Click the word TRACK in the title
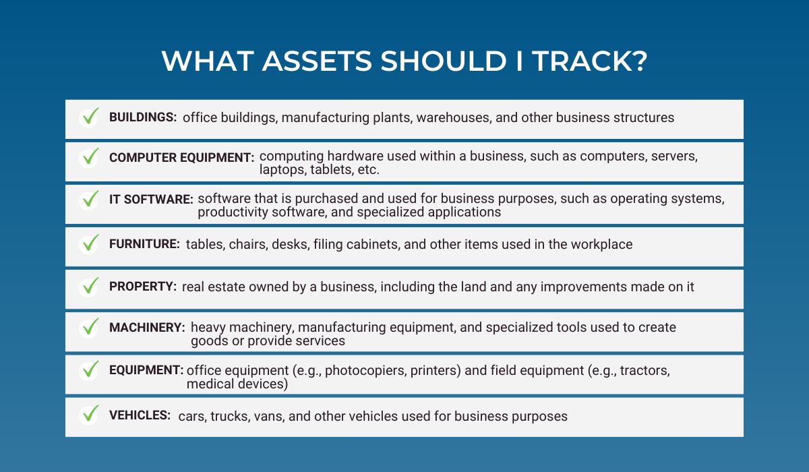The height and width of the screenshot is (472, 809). click(589, 61)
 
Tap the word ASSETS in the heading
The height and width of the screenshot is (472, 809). click(317, 61)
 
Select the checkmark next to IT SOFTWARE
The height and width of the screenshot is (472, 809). click(90, 199)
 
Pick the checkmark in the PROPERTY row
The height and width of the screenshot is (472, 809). click(90, 286)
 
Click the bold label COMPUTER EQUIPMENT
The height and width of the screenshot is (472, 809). click(181, 158)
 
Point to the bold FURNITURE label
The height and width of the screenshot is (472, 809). click(144, 244)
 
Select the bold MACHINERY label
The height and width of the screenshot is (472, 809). click(147, 327)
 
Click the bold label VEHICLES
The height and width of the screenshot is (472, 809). click(140, 415)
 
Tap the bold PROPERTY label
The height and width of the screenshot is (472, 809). click(143, 287)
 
